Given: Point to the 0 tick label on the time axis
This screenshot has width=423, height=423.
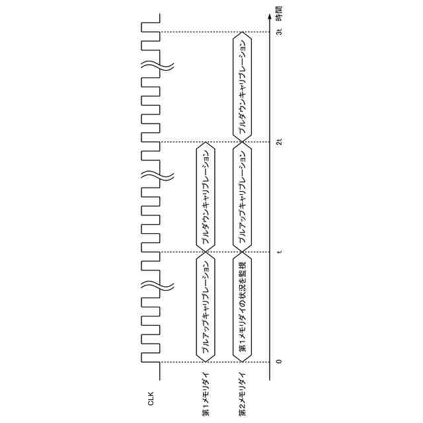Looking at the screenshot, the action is click(278, 362).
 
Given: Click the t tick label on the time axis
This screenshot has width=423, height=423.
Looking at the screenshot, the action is click(278, 252).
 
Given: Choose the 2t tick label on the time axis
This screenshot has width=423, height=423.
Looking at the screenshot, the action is click(278, 142).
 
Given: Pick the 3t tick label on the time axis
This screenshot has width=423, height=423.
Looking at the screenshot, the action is click(278, 32).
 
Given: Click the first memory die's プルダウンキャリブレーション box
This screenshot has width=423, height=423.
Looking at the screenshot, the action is click(206, 197).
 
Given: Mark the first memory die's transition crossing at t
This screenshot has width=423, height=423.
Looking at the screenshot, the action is click(206, 252).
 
